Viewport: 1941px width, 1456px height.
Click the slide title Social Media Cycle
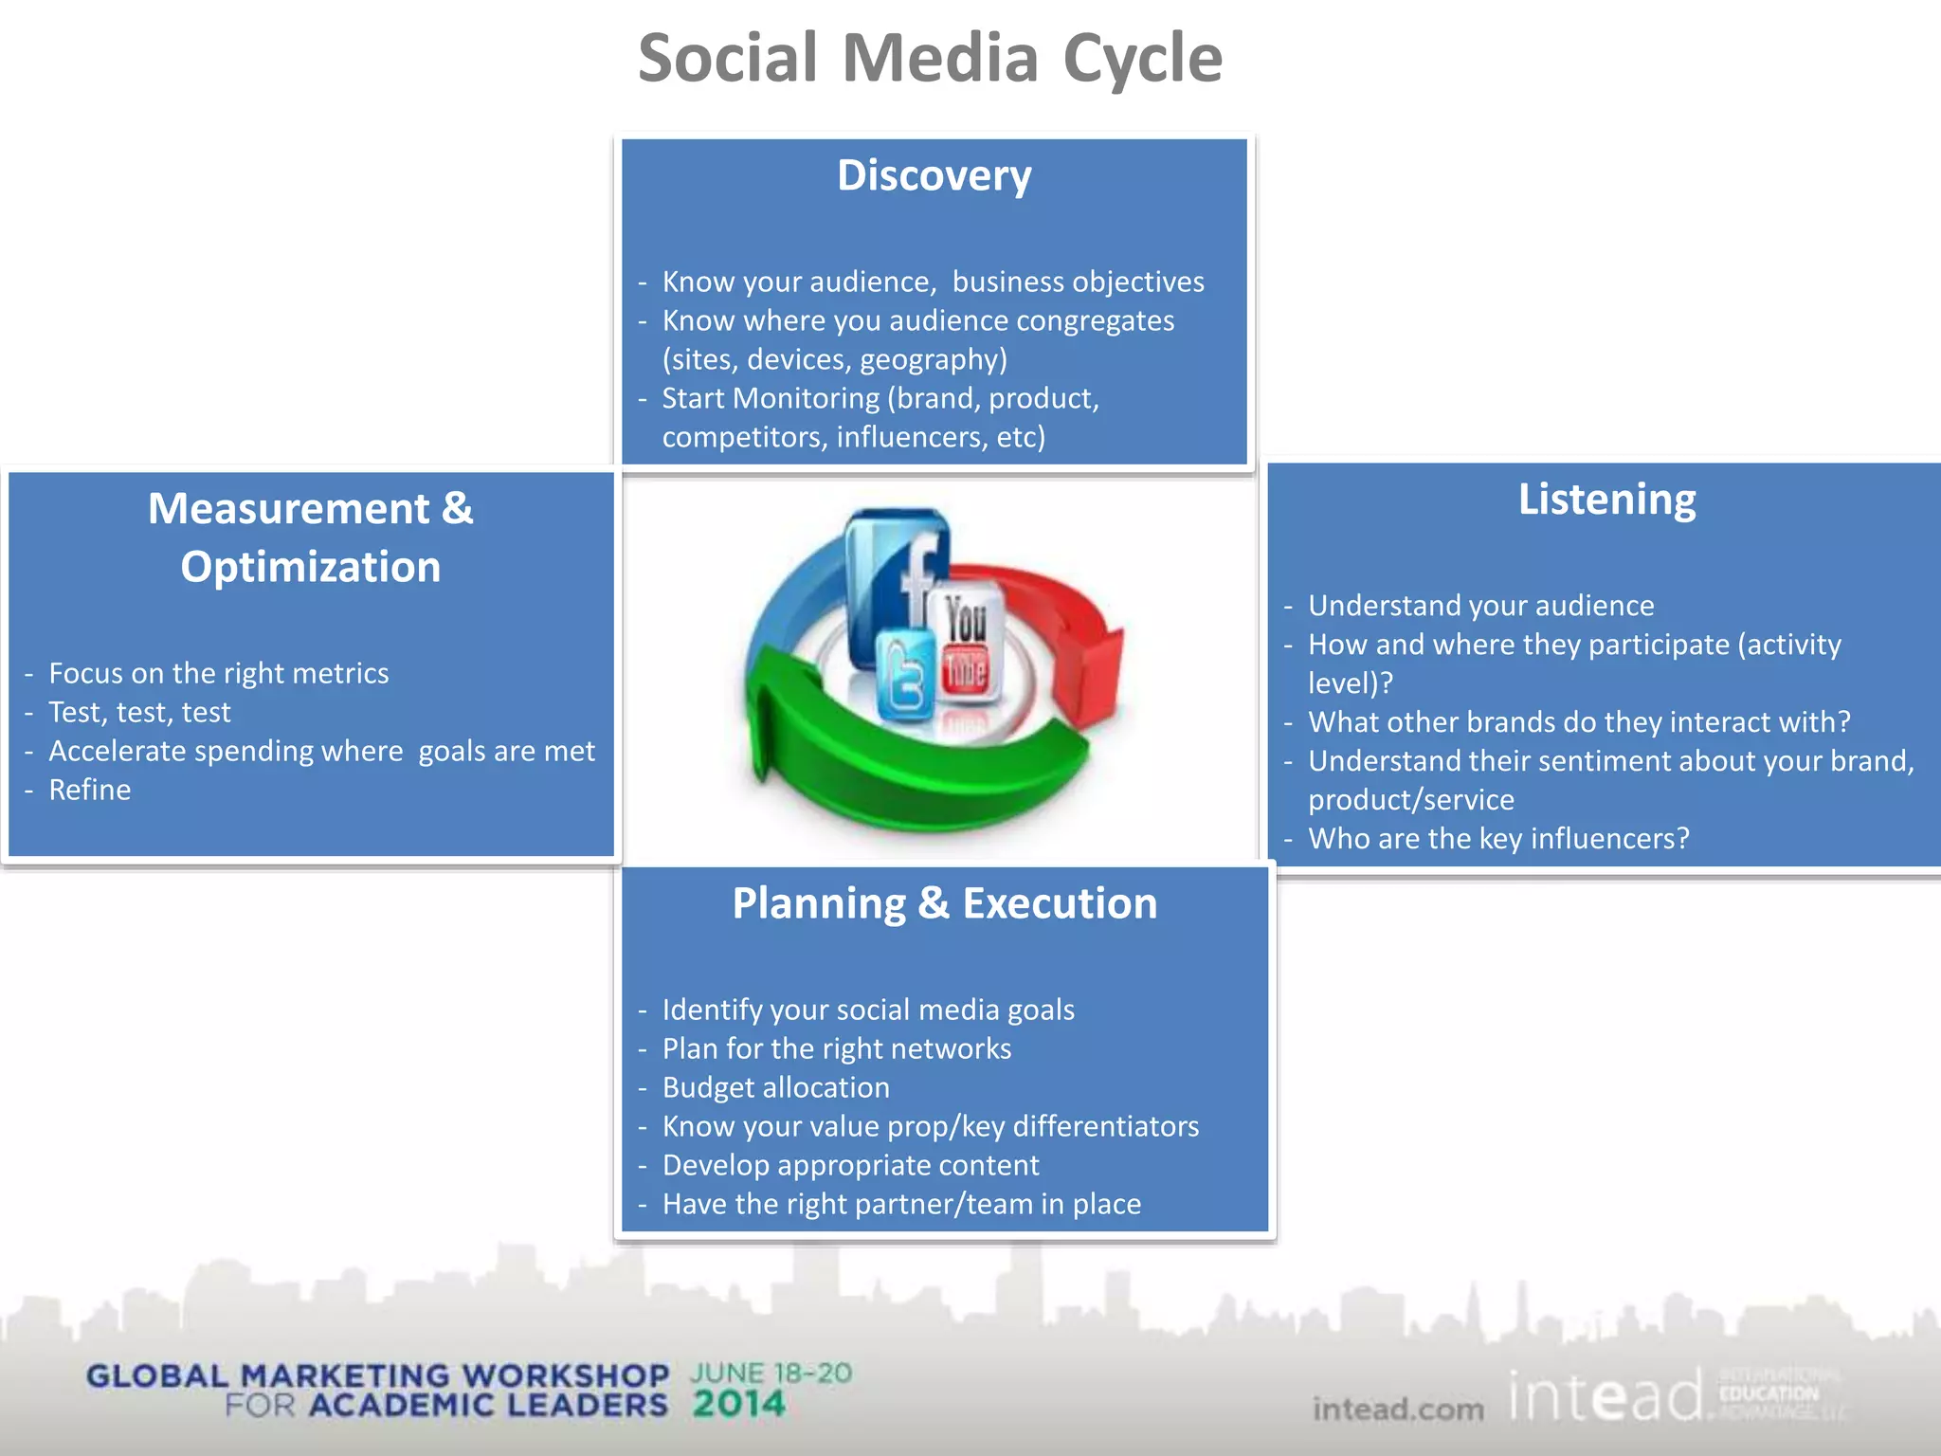(930, 59)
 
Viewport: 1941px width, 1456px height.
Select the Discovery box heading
(934, 176)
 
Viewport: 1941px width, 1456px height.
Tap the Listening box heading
(1606, 500)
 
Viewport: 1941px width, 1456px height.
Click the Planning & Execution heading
(944, 903)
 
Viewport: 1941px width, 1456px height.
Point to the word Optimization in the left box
(311, 568)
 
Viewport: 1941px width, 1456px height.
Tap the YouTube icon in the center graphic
(966, 645)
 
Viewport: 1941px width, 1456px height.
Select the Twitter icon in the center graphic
(906, 678)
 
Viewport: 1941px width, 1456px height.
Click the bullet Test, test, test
(139, 712)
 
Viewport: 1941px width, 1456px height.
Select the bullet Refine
(90, 790)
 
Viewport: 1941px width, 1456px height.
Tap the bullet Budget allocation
(775, 1087)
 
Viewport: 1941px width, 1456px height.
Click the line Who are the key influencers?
(1497, 839)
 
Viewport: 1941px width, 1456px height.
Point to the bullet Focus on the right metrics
(218, 673)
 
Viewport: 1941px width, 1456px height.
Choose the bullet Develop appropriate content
(850, 1165)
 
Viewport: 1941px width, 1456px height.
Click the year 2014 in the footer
(738, 1404)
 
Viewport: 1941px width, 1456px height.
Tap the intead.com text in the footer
(1398, 1410)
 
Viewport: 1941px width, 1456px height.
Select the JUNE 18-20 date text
(771, 1373)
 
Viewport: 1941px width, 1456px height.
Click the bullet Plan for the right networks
(836, 1048)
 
